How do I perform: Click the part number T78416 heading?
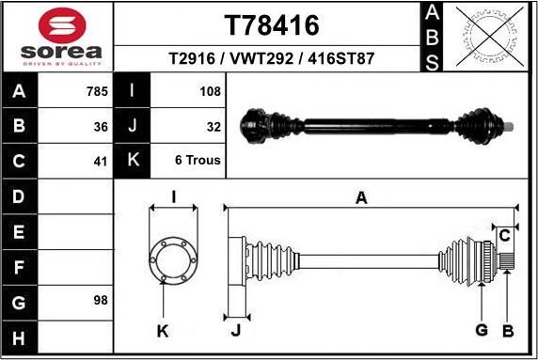(x=274, y=23)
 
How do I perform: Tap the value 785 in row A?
(x=97, y=91)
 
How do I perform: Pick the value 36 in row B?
(x=102, y=125)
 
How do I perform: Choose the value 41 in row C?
(x=102, y=160)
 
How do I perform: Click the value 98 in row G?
(x=102, y=301)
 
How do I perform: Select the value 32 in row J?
(x=214, y=125)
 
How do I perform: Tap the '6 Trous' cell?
(x=198, y=160)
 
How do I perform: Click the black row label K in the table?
(x=132, y=160)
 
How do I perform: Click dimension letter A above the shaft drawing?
(x=360, y=196)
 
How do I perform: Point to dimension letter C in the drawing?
(x=505, y=234)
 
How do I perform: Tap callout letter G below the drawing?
(x=482, y=329)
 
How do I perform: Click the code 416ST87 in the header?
(x=344, y=58)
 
